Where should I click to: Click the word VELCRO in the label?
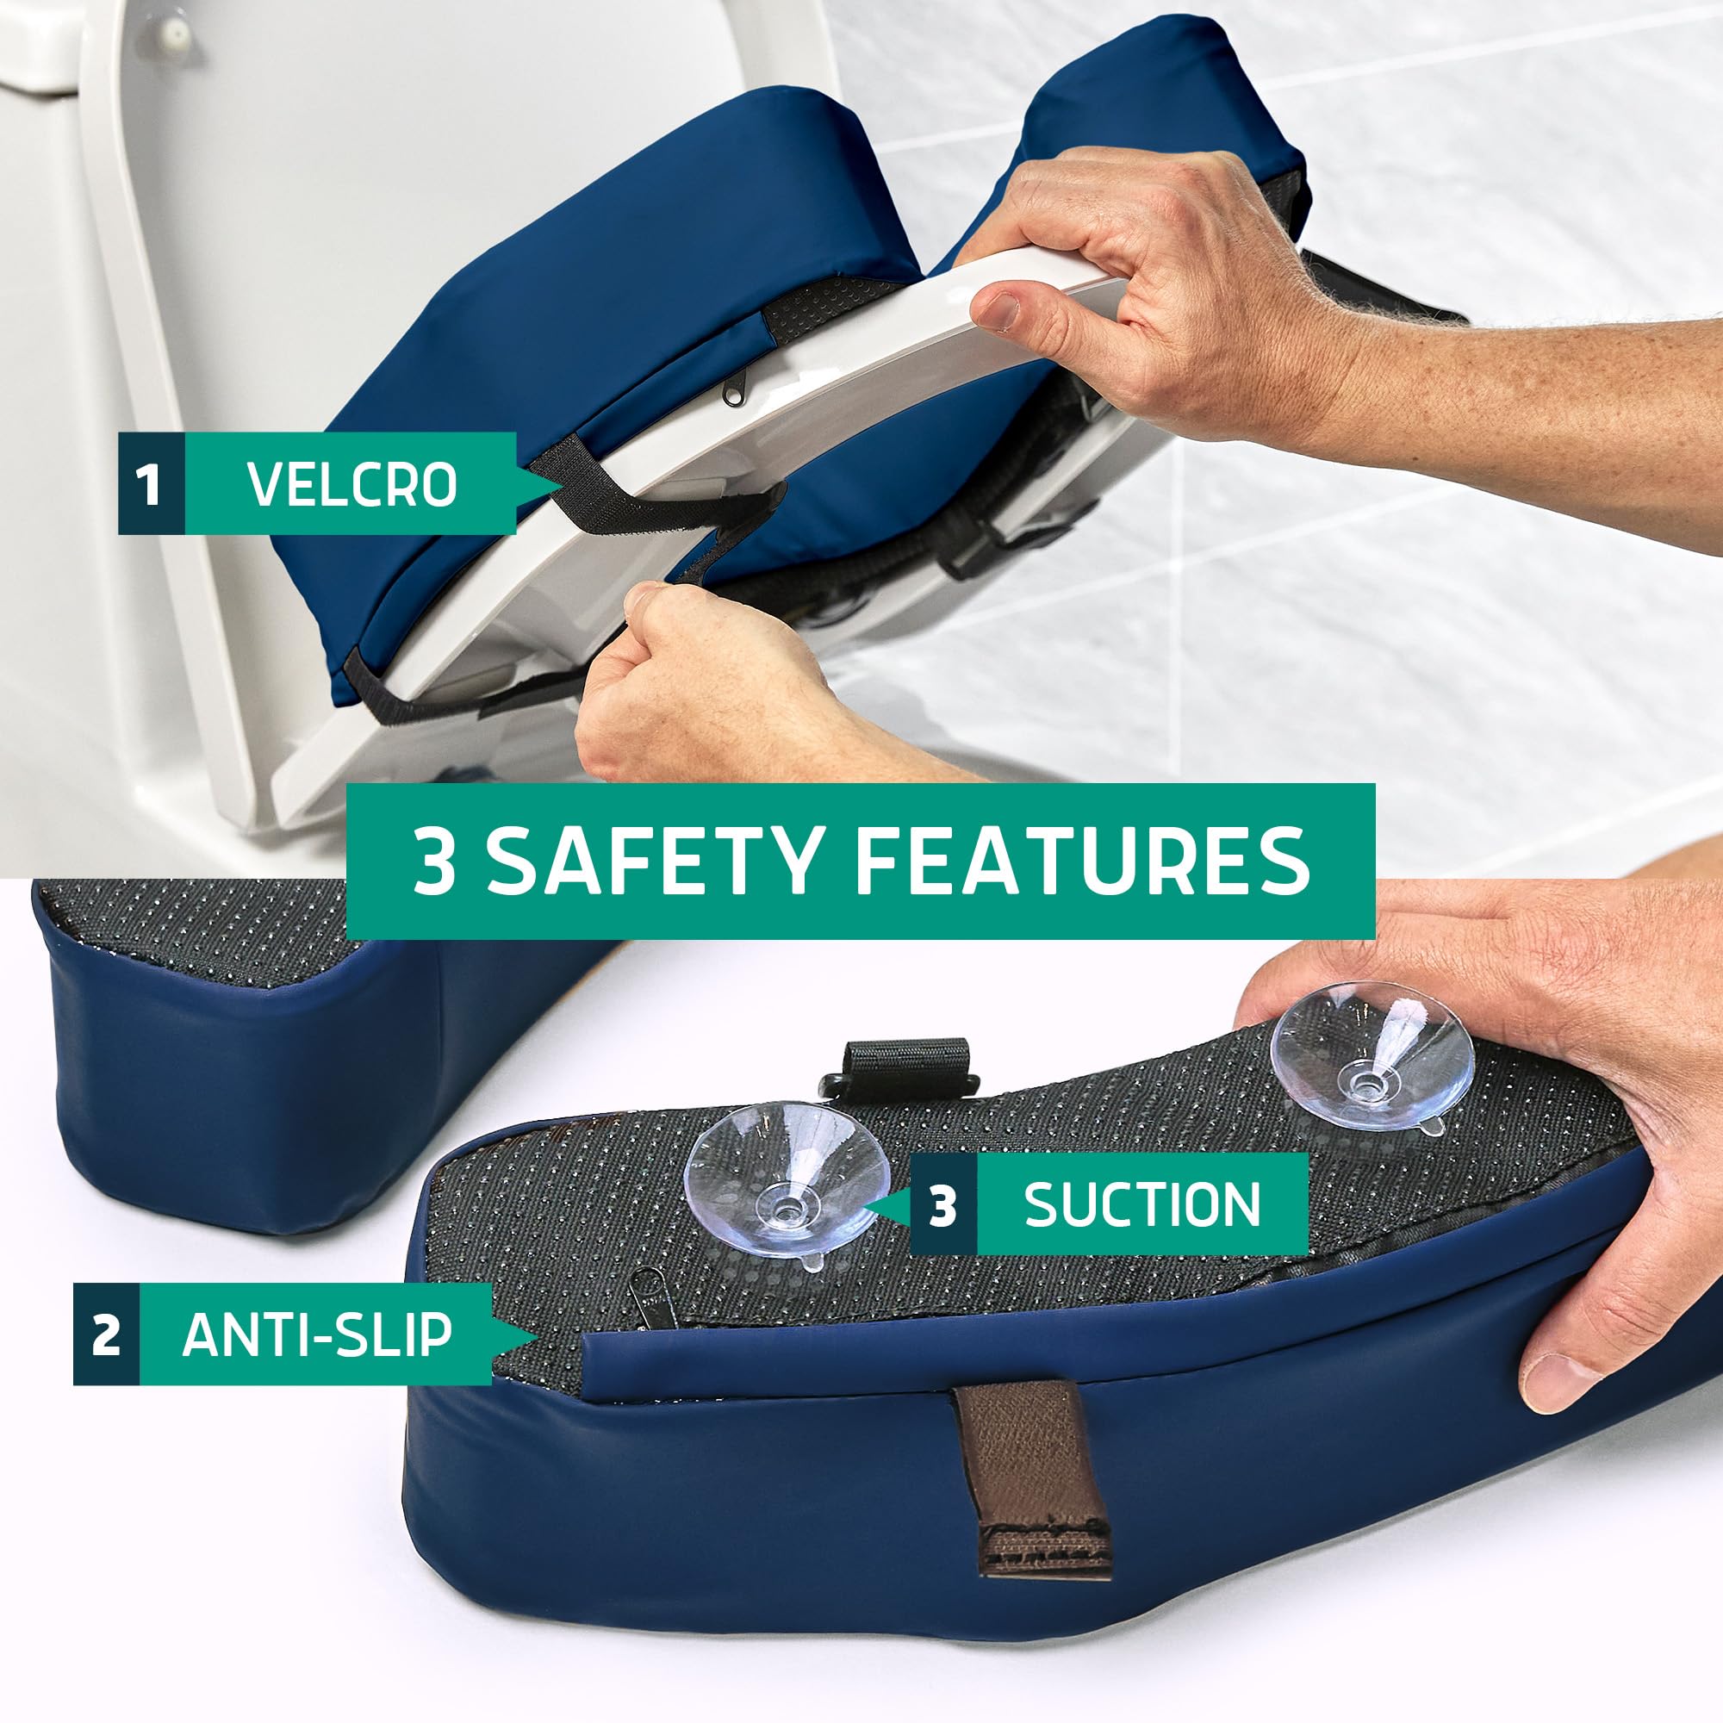coord(352,484)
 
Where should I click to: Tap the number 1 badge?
coord(151,484)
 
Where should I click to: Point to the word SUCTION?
coord(1142,1205)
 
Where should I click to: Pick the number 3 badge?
coord(943,1205)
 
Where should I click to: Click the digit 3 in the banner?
coord(434,861)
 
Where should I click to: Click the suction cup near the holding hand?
coord(1371,1059)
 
